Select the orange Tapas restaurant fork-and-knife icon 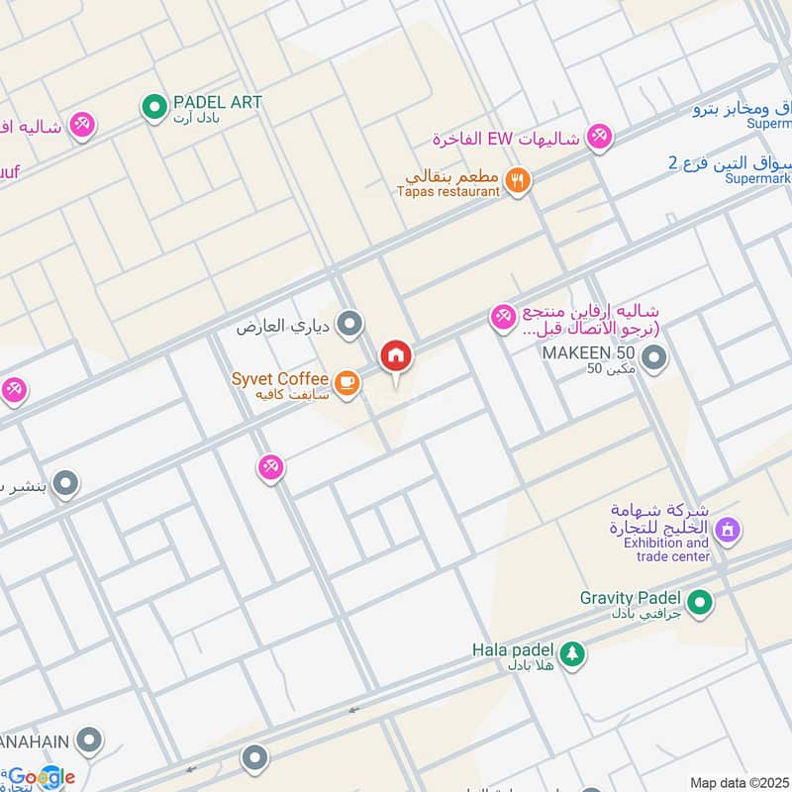pyautogui.click(x=517, y=180)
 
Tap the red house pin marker pyautogui.click(x=396, y=356)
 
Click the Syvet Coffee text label pyautogui.click(x=279, y=379)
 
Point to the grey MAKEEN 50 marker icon pyautogui.click(x=653, y=358)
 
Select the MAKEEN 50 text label pyautogui.click(x=587, y=352)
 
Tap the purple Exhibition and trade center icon pyautogui.click(x=728, y=531)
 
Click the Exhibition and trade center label pyautogui.click(x=665, y=549)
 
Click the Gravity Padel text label pyautogui.click(x=633, y=598)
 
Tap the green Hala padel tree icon pyautogui.click(x=571, y=653)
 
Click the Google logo pyautogui.click(x=42, y=777)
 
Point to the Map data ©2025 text pyautogui.click(x=738, y=782)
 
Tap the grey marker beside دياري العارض pyautogui.click(x=348, y=323)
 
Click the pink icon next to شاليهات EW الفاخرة pyautogui.click(x=598, y=138)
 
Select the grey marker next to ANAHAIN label pyautogui.click(x=89, y=740)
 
